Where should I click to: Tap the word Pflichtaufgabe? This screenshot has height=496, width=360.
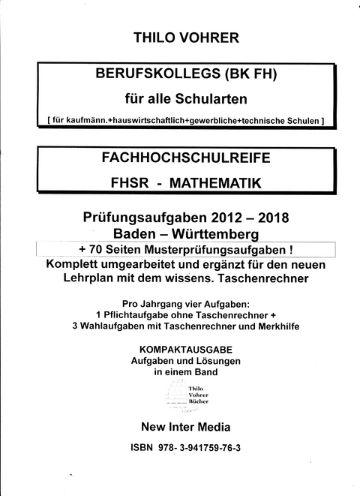(137, 312)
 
